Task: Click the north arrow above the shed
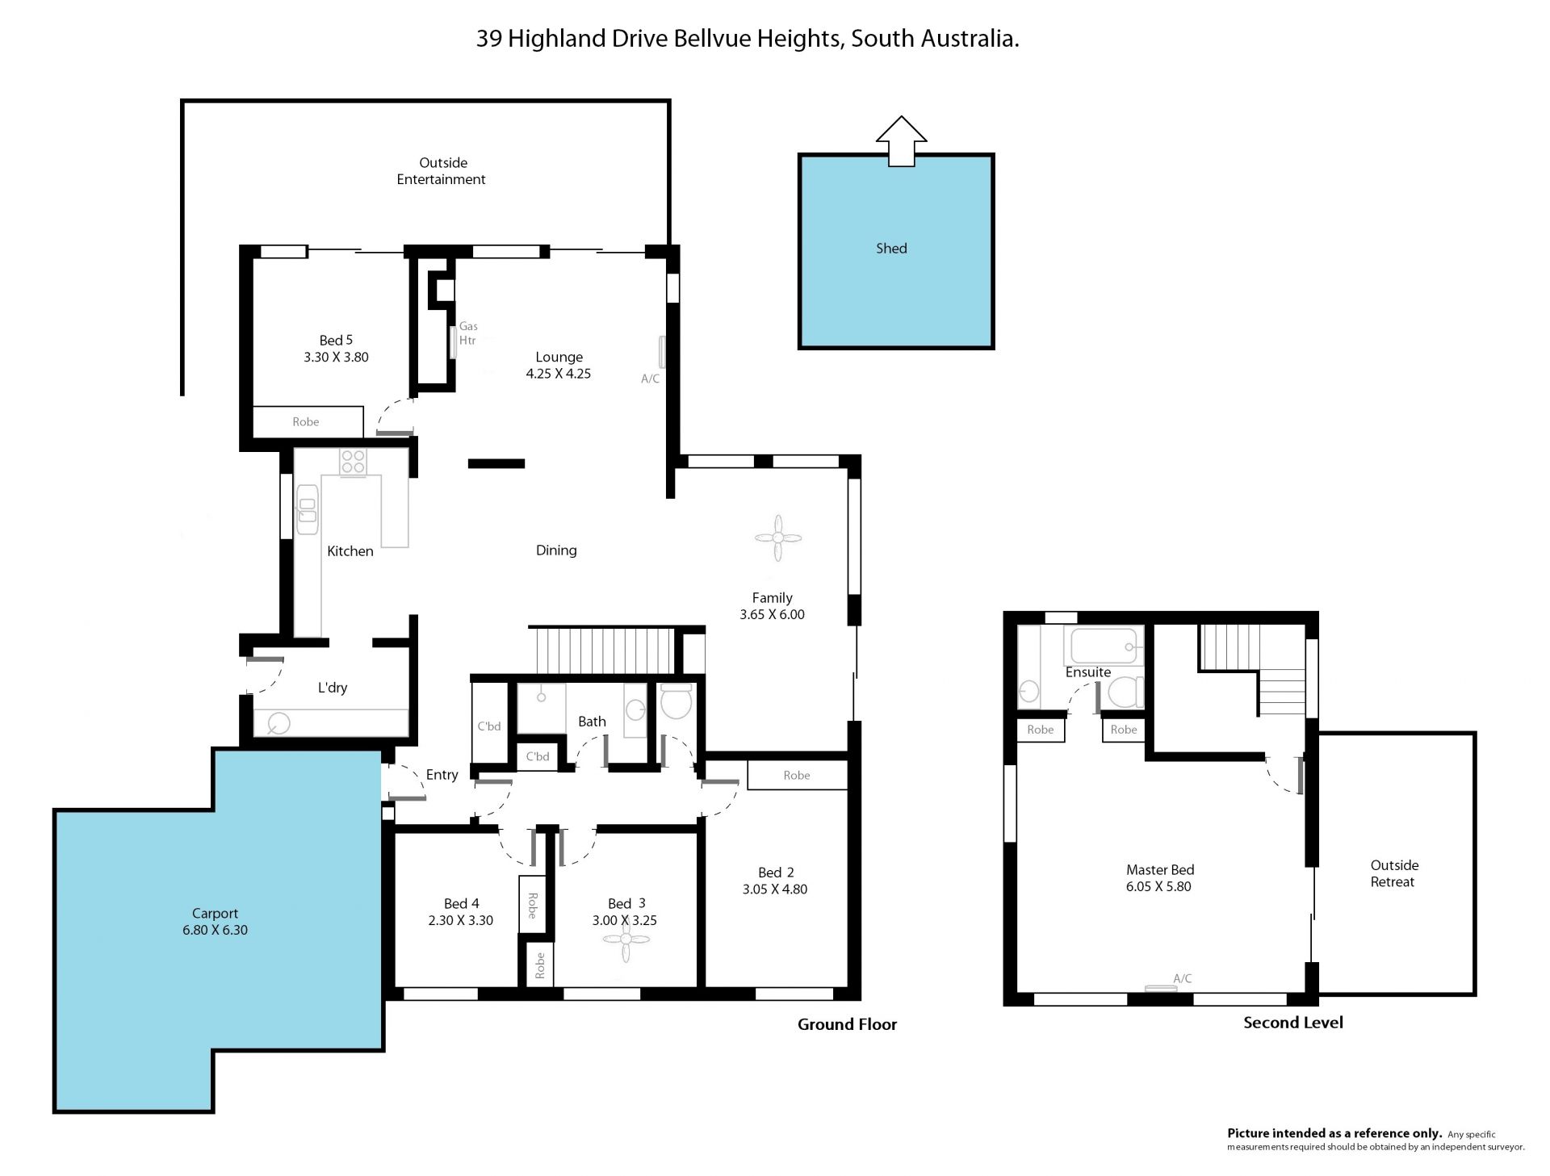pyautogui.click(x=901, y=141)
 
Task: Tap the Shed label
pyautogui.click(x=891, y=249)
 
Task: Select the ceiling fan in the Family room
pyautogui.click(x=777, y=538)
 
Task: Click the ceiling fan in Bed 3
pyautogui.click(x=626, y=939)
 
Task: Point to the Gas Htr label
pyautogui.click(x=468, y=333)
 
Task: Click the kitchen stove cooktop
pyautogui.click(x=353, y=462)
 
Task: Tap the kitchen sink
pyautogui.click(x=308, y=509)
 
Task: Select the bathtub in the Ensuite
pyautogui.click(x=1104, y=647)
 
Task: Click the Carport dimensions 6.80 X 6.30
pyautogui.click(x=215, y=930)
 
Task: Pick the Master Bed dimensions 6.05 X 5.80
pyautogui.click(x=1158, y=886)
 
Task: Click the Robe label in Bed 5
pyautogui.click(x=306, y=422)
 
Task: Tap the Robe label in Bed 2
pyautogui.click(x=797, y=776)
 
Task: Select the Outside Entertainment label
pyautogui.click(x=442, y=171)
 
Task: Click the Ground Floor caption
pyautogui.click(x=848, y=1024)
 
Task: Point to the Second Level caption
pyautogui.click(x=1293, y=1023)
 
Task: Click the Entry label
pyautogui.click(x=442, y=775)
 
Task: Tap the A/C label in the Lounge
pyautogui.click(x=651, y=379)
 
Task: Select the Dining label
pyautogui.click(x=556, y=550)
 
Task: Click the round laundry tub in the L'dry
pyautogui.click(x=279, y=722)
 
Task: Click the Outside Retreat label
pyautogui.click(x=1394, y=873)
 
